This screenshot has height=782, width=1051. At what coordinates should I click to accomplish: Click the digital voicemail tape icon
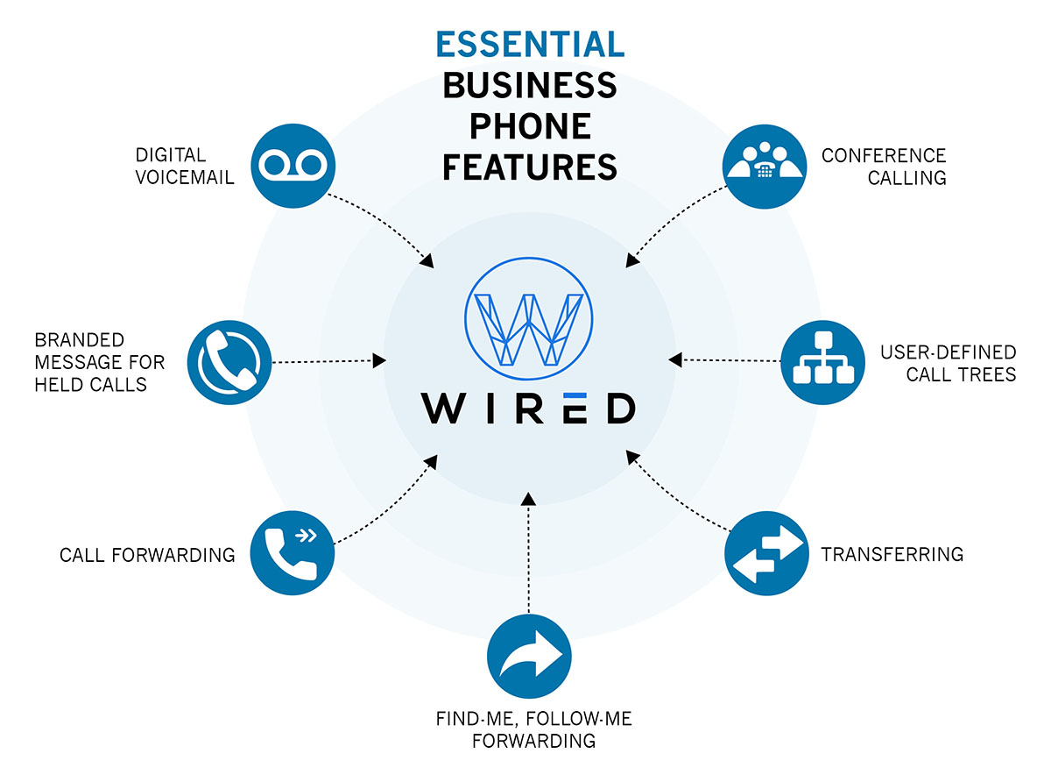(x=293, y=165)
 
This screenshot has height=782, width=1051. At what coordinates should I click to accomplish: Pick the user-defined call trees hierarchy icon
(x=822, y=360)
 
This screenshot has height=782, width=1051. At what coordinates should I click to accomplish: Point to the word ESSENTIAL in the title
(x=530, y=43)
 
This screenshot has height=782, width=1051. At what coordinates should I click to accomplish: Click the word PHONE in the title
(x=530, y=125)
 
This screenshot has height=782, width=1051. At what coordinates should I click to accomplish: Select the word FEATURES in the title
(x=530, y=166)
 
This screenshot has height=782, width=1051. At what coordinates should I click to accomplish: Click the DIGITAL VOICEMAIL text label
(x=184, y=166)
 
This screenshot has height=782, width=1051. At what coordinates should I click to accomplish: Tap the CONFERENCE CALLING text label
(x=884, y=166)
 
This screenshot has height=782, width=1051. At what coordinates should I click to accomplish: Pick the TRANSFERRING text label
(x=892, y=554)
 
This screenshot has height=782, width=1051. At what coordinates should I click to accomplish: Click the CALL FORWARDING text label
(x=147, y=555)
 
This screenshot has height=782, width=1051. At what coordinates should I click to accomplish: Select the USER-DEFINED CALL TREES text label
(x=948, y=363)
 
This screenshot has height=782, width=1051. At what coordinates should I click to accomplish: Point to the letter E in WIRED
(x=570, y=408)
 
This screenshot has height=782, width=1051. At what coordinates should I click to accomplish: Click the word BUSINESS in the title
(x=530, y=85)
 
